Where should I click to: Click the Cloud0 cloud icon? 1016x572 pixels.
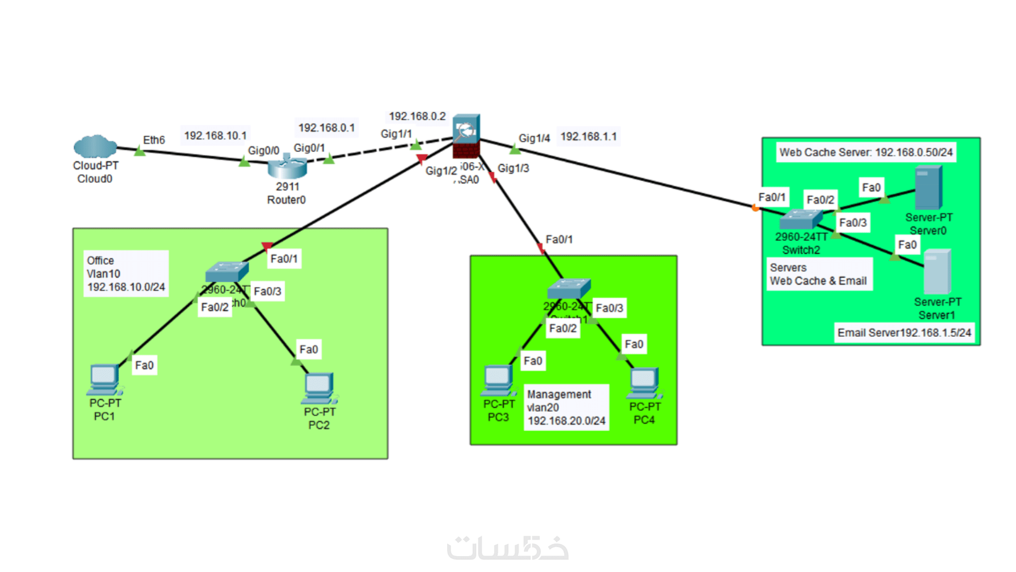pos(95,147)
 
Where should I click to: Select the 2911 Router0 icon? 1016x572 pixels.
pos(287,166)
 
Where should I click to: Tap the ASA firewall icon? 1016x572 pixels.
pos(466,136)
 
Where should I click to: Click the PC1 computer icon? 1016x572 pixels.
pos(105,380)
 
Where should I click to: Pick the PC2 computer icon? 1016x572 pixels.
pos(320,388)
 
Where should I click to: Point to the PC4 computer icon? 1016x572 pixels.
pos(644,383)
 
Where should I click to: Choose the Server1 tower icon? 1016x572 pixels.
pos(937,272)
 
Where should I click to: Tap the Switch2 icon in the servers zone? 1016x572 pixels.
pos(801,219)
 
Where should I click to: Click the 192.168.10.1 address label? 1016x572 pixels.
pos(215,136)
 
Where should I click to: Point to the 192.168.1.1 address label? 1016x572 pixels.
pos(588,137)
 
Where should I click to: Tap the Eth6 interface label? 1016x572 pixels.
pos(154,140)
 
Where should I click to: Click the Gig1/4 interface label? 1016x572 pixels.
pos(534,138)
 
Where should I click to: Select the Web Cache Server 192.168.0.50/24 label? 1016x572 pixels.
pos(866,153)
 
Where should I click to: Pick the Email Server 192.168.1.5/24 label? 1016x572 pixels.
pos(904,333)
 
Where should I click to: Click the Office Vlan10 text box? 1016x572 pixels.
pos(126,274)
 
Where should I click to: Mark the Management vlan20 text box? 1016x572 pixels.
pos(566,407)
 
